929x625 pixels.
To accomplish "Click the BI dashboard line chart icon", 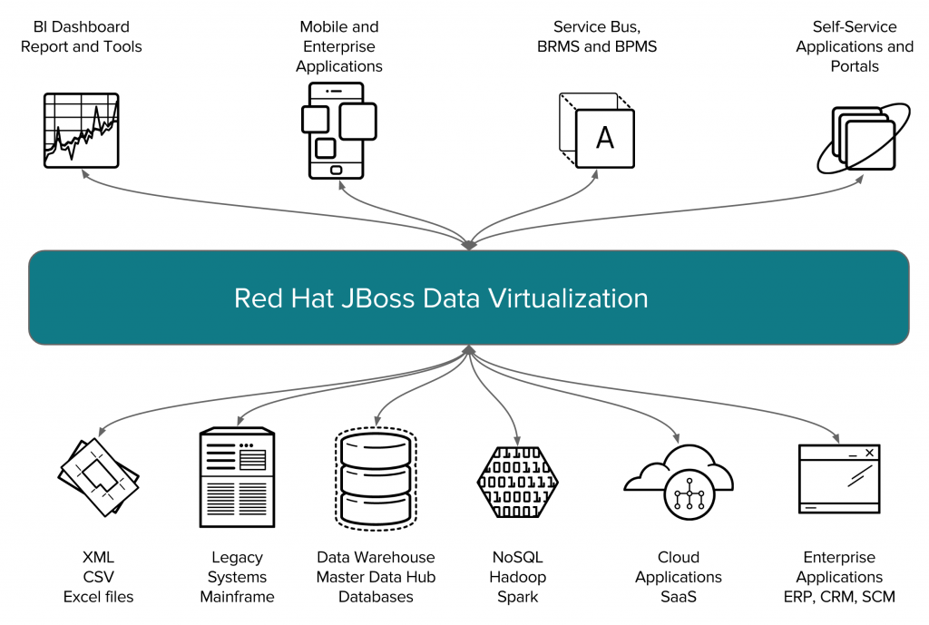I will click(82, 130).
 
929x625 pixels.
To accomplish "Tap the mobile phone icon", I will click(337, 131).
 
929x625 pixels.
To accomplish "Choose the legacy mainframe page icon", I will click(237, 477).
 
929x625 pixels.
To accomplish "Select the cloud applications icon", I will click(678, 481).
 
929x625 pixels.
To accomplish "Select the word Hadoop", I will click(517, 577).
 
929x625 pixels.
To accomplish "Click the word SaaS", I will click(678, 597).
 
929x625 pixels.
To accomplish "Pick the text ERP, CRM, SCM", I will click(838, 597).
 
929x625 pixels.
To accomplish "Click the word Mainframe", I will click(237, 597).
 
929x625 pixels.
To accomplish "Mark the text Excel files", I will click(98, 597).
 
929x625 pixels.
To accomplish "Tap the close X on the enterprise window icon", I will click(869, 453).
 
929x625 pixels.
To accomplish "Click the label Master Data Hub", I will click(375, 577).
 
